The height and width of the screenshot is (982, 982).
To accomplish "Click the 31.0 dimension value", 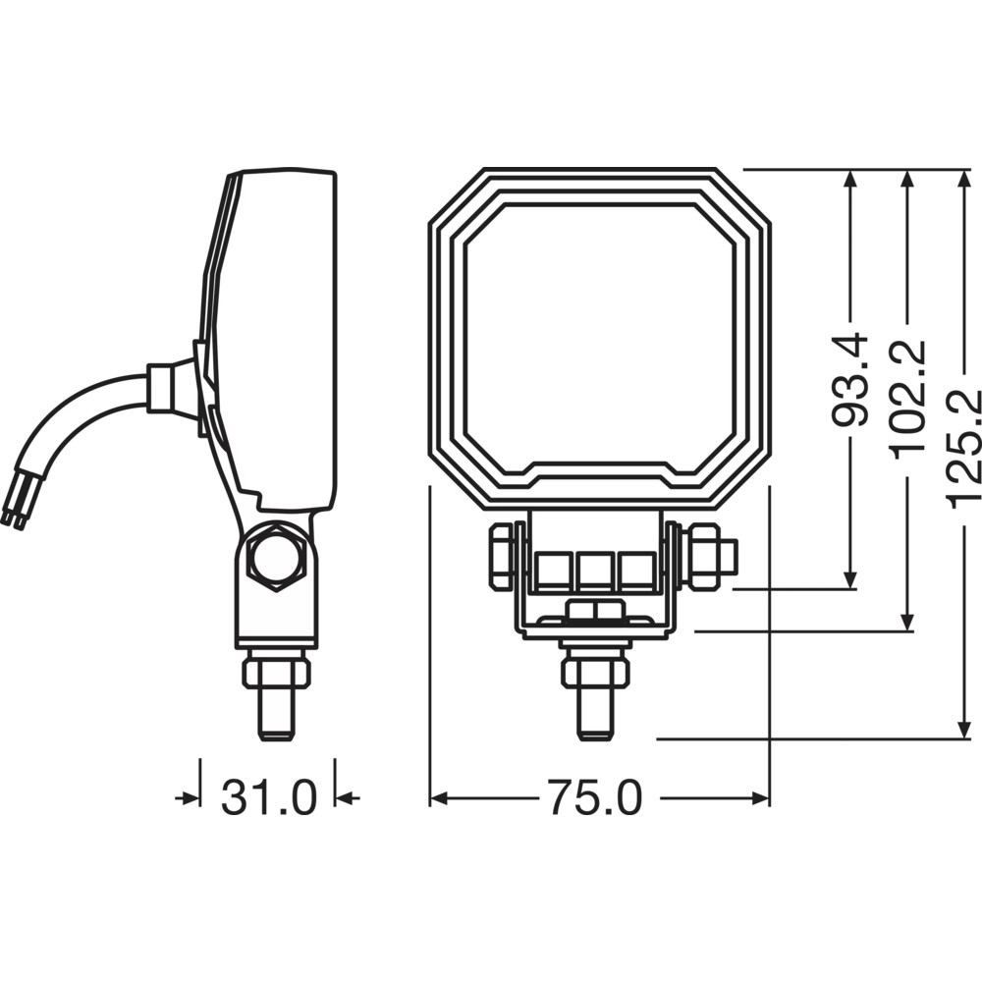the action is [269, 797].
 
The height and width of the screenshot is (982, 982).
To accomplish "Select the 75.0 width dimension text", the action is [595, 797].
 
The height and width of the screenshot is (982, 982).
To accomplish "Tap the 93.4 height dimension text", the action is [850, 381].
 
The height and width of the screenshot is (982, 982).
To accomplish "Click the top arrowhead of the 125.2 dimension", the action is [963, 180].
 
